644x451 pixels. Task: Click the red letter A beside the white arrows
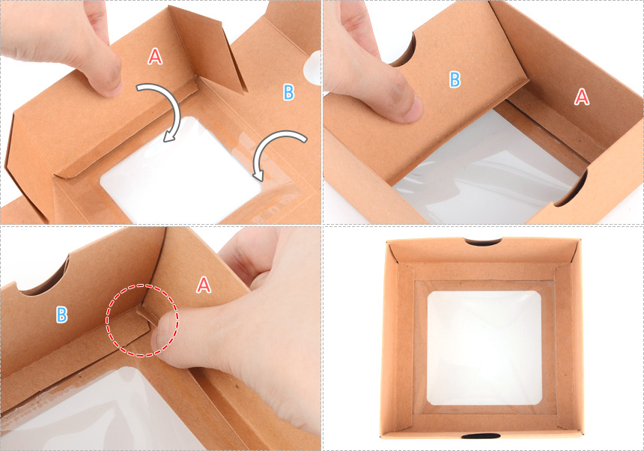pos(155,56)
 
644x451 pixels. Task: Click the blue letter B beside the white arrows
pos(289,92)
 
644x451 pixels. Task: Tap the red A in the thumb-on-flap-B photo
pos(582,97)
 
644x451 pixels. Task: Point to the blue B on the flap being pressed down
pos(455,79)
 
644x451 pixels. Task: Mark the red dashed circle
pos(142,321)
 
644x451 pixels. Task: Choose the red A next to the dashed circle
pos(204,285)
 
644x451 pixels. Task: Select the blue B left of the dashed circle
pos(61,315)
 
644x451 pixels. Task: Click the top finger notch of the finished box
pos(483,241)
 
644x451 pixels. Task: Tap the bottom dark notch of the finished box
pos(481,435)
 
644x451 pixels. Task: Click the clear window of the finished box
pos(484,348)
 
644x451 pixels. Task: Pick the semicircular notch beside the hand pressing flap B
pos(404,50)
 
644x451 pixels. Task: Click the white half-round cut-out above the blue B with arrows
pos(312,67)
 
